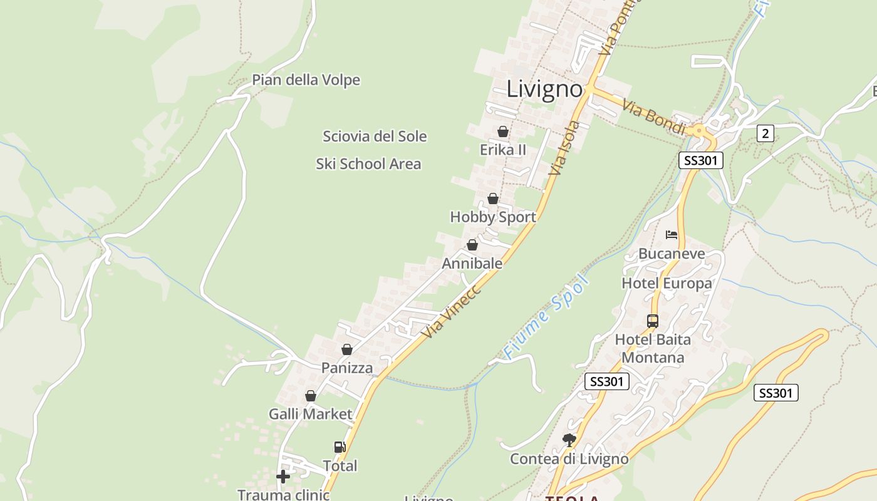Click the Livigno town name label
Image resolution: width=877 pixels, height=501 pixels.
tap(544, 89)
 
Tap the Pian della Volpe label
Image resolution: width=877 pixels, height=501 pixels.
tap(306, 80)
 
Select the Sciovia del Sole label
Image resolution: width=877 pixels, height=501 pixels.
tap(375, 137)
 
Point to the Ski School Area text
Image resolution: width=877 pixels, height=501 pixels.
tap(368, 164)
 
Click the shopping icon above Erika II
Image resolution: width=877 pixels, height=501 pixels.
tap(502, 132)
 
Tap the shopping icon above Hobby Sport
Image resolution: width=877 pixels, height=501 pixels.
tap(493, 199)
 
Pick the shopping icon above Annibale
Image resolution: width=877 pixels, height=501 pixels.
tap(472, 245)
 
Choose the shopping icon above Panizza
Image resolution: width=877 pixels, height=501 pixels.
tap(346, 349)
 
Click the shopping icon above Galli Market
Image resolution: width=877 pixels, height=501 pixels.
tap(310, 396)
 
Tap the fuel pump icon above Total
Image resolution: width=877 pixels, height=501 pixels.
tap(340, 447)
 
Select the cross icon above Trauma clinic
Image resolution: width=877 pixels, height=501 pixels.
tap(283, 477)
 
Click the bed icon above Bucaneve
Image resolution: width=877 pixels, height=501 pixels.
tap(672, 235)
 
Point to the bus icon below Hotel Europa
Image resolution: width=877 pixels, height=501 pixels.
tap(652, 321)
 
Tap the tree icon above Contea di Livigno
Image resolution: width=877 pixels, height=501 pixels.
tap(569, 440)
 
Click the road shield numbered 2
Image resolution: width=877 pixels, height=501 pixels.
tap(765, 133)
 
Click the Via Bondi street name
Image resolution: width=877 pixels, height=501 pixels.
tap(653, 116)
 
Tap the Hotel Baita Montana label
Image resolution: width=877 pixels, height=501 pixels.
tap(653, 348)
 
